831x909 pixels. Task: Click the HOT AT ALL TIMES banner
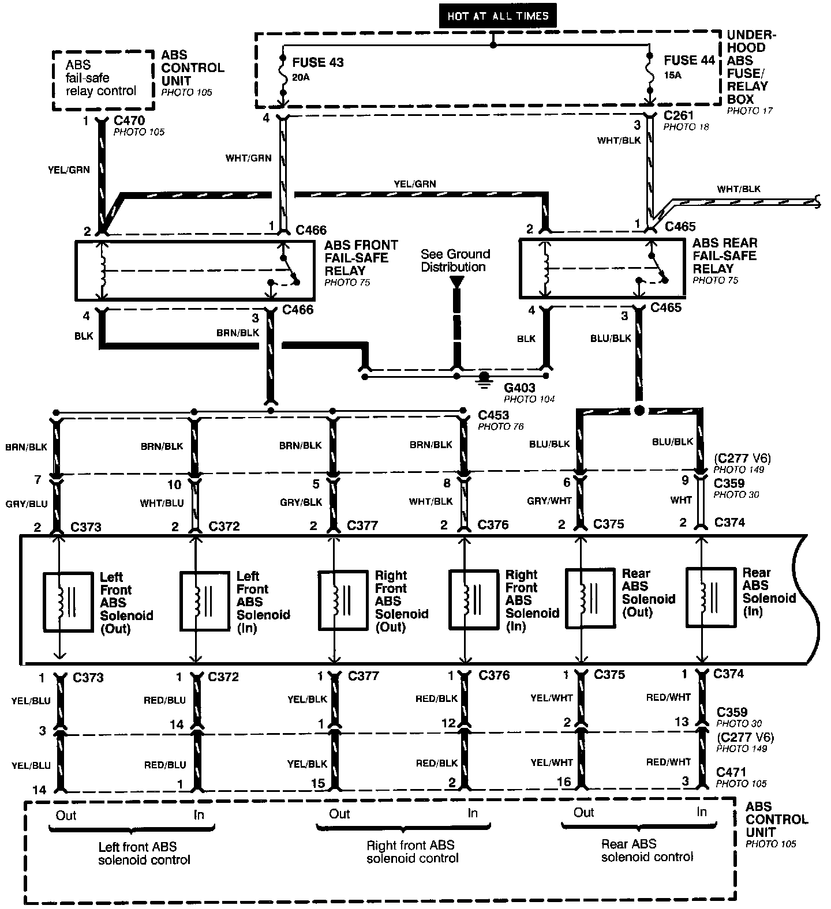point(497,16)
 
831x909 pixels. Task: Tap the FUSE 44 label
point(689,61)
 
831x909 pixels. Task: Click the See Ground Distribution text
point(455,260)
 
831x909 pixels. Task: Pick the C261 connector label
point(678,115)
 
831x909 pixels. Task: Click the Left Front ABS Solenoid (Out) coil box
point(68,602)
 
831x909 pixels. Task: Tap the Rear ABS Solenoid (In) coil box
point(710,598)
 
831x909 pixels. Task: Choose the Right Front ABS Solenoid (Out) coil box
point(344,600)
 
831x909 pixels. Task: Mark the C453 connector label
point(493,415)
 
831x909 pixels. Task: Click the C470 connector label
point(129,121)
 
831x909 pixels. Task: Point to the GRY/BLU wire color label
point(27,504)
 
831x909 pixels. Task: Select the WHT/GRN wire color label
point(249,157)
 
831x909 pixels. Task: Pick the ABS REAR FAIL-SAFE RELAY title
point(724,256)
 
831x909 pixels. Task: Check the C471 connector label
point(731,772)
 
